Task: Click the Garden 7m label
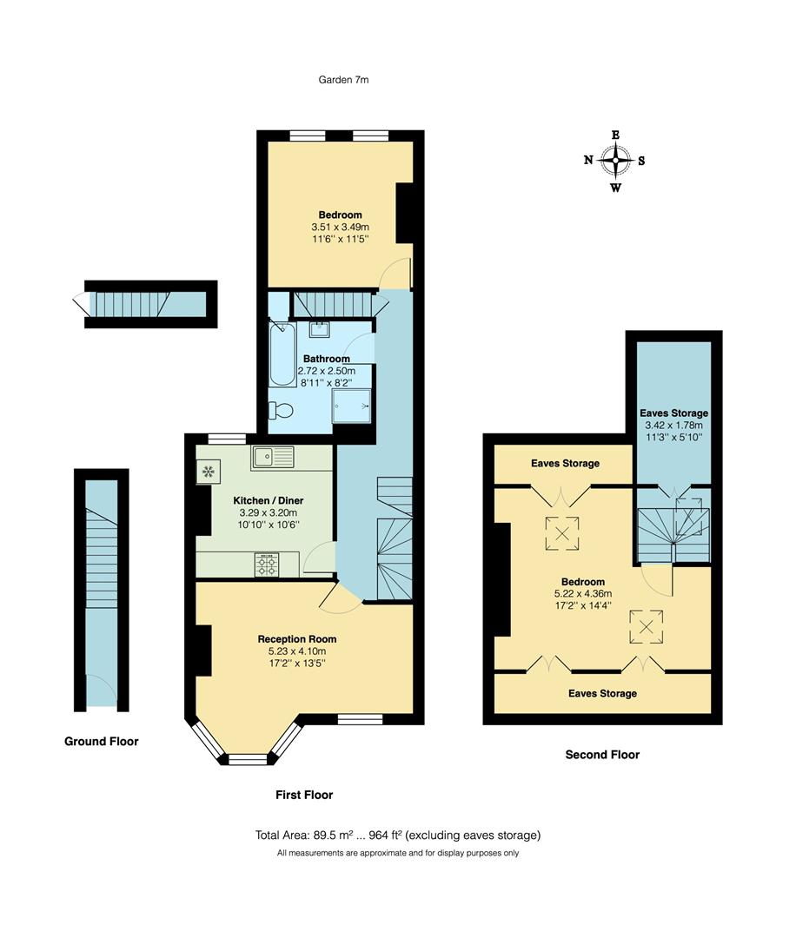[x=345, y=80]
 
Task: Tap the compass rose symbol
[x=615, y=161]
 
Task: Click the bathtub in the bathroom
[x=282, y=354]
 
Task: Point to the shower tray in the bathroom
[x=353, y=405]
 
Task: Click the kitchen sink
[x=274, y=457]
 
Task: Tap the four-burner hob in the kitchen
[x=266, y=565]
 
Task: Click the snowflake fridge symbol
[x=208, y=472]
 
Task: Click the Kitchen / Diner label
[x=268, y=502]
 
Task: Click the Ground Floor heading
[x=101, y=742]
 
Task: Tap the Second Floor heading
[x=602, y=755]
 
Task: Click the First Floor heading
[x=304, y=795]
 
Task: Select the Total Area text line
[x=398, y=836]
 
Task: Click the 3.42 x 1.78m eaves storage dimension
[x=673, y=426]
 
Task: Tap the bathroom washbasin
[x=317, y=327]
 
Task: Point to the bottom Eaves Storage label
[x=602, y=694]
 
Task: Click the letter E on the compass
[x=615, y=135]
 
